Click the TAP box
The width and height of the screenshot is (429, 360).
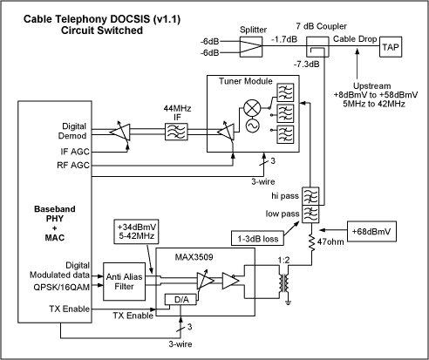(391, 46)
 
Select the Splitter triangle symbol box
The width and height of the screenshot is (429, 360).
(251, 46)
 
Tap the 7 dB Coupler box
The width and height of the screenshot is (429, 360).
(317, 46)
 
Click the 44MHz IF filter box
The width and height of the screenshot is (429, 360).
(176, 132)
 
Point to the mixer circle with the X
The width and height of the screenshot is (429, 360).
(252, 108)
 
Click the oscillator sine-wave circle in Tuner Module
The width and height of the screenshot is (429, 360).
(252, 126)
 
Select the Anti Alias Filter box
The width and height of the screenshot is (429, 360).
(125, 282)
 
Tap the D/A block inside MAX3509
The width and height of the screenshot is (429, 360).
(181, 300)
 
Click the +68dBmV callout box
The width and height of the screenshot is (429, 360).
(371, 232)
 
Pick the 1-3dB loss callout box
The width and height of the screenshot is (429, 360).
(257, 238)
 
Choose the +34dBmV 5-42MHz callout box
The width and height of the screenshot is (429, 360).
(136, 231)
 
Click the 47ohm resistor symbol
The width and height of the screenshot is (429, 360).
(312, 243)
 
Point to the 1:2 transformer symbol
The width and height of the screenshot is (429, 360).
(284, 283)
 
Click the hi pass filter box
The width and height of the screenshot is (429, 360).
(310, 196)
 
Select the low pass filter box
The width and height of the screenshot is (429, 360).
(310, 214)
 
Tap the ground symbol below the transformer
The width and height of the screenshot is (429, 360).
(288, 302)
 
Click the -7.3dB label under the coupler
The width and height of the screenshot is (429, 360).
(306, 65)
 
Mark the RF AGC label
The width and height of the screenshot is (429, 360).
(73, 166)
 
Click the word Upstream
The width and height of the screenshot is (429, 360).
(371, 86)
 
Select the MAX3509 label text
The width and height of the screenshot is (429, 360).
(194, 257)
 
